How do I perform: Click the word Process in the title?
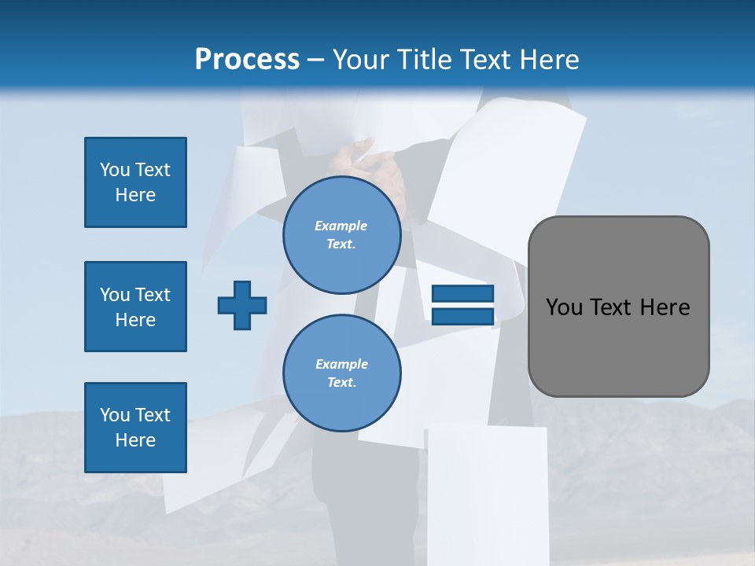click(247, 60)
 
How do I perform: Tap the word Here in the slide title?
click(550, 60)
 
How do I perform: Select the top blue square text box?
click(135, 182)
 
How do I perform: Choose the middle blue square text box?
click(135, 307)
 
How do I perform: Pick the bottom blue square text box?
click(135, 428)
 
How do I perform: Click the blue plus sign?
click(242, 305)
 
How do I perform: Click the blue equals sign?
click(463, 305)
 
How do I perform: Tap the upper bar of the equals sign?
click(463, 294)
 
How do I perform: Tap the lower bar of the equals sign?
click(463, 316)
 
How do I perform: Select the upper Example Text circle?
click(341, 235)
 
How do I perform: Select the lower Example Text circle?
click(341, 373)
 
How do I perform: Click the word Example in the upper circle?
click(341, 226)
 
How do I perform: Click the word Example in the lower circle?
click(341, 364)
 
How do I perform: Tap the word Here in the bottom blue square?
click(135, 440)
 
